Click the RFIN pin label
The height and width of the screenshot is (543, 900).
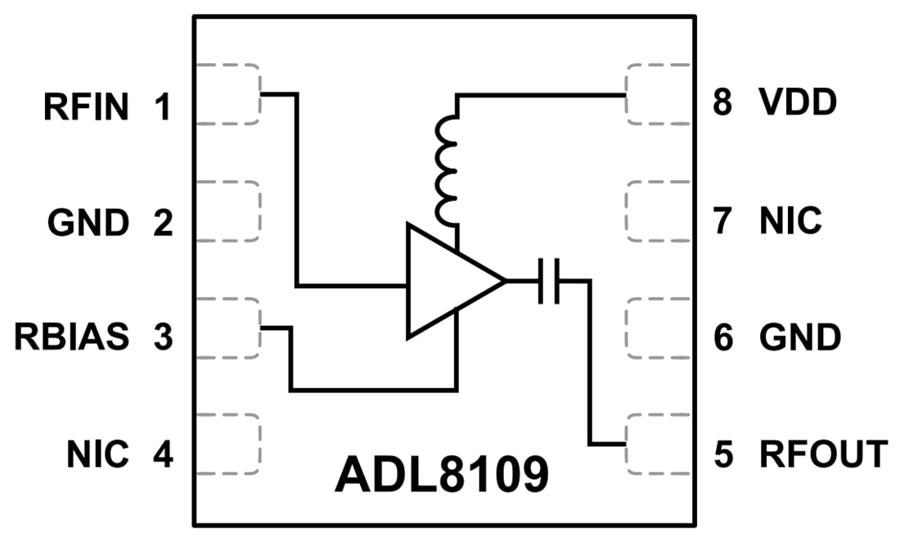86,107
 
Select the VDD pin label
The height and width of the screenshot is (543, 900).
797,104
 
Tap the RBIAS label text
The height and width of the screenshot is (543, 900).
71,337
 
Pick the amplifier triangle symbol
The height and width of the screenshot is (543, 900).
448,281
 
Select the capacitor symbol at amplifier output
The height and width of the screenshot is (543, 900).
548,281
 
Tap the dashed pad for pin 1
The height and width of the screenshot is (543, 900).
228,94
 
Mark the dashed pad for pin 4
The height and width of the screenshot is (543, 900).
228,443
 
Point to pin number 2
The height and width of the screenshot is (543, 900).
163,222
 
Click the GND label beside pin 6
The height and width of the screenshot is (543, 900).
799,337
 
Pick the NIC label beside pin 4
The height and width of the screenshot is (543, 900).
97,455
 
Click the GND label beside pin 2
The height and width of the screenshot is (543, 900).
88,222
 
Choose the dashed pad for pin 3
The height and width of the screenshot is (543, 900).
228,328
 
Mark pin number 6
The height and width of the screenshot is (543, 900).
722,337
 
